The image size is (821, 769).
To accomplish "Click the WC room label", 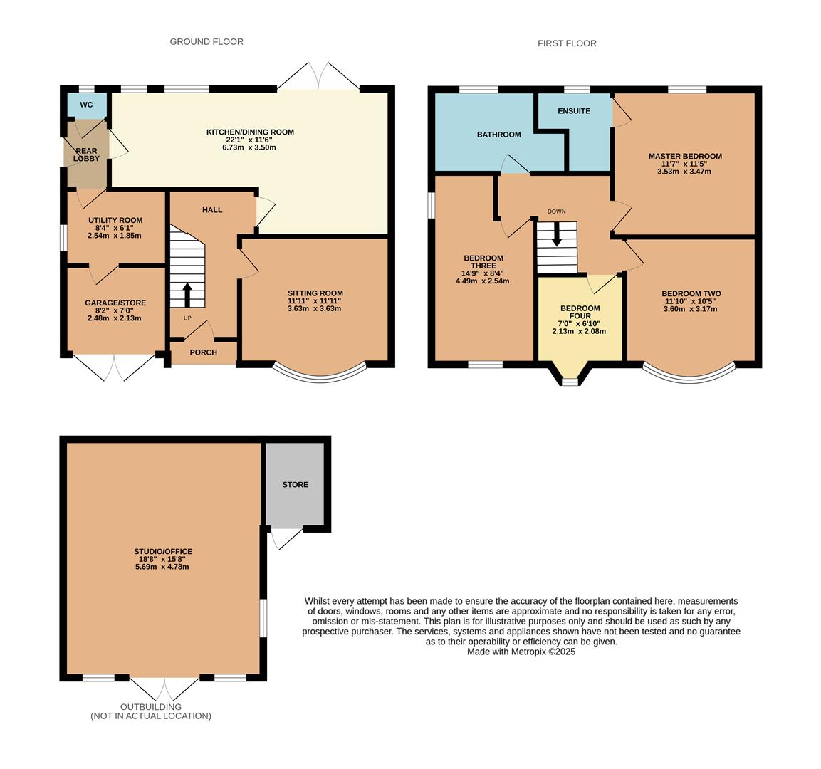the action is (x=86, y=105).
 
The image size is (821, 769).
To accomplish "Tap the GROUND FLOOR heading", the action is (x=206, y=41).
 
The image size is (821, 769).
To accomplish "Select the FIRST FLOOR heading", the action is (x=567, y=43).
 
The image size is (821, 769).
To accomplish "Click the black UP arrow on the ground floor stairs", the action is (x=187, y=295).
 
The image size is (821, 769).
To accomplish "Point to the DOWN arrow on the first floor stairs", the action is (x=557, y=234).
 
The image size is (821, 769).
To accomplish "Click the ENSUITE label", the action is (x=574, y=111).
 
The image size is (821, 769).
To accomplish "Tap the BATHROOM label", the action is (x=498, y=135).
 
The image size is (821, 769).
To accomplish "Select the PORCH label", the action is (x=203, y=352).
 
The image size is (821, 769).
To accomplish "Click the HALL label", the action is (x=212, y=210).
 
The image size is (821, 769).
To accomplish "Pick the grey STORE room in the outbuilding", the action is (x=295, y=484).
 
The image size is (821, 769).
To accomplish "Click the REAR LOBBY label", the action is (x=86, y=155).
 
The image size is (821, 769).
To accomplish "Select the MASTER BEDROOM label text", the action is (x=685, y=156).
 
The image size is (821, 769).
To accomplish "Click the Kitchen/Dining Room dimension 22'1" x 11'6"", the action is (x=250, y=140).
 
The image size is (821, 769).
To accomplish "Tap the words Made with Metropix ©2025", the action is (x=521, y=652).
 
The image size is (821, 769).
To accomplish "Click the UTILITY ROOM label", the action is (x=115, y=221).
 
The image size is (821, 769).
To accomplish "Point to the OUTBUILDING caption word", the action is (x=151, y=707).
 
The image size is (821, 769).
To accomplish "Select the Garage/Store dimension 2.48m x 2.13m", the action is (x=114, y=318).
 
